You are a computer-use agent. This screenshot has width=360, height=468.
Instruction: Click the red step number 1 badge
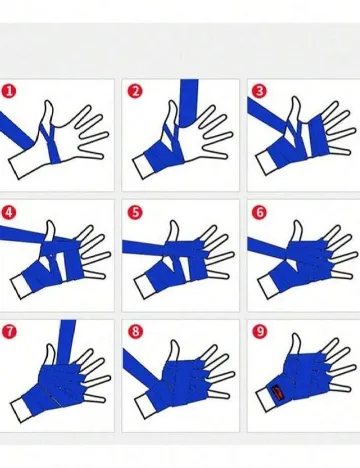tap(9, 91)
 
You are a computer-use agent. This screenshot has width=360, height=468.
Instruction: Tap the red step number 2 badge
tap(135, 91)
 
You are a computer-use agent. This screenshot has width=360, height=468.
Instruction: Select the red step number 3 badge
tap(259, 91)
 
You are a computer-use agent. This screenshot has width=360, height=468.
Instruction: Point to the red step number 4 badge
tap(9, 212)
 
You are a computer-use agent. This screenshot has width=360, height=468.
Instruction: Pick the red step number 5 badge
tap(135, 212)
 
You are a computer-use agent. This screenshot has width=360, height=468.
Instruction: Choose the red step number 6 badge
tap(259, 212)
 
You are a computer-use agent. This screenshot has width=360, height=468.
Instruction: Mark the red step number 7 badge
tap(9, 331)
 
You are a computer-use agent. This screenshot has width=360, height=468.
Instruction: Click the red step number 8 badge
tap(135, 331)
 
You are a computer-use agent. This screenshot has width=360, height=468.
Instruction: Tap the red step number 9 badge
tap(259, 331)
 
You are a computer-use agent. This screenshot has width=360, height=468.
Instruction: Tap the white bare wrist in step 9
tap(266, 399)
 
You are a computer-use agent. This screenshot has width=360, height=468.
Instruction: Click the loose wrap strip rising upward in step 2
tap(189, 102)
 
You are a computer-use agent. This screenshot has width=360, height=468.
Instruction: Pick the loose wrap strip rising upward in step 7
tap(67, 342)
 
